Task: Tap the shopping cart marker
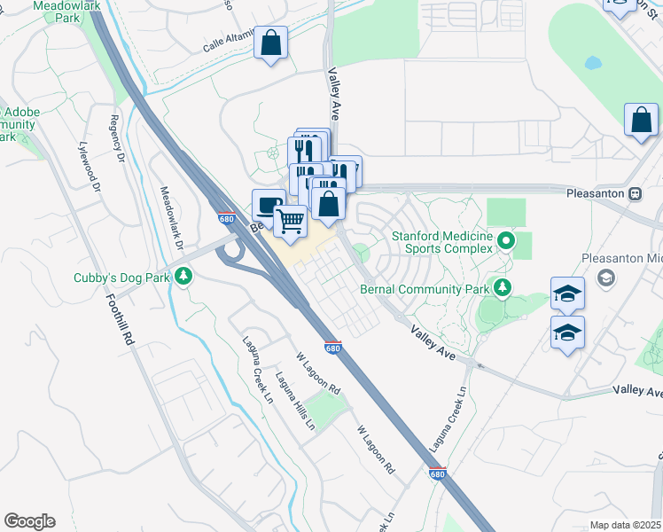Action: [x=290, y=220]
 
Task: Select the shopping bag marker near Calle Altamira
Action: [x=270, y=43]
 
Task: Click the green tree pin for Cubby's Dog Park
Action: [x=183, y=277]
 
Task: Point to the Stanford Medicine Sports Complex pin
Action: [x=505, y=240]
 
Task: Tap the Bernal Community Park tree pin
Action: [x=502, y=287]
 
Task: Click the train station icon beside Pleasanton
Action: [x=635, y=193]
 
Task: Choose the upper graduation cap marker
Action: [x=567, y=295]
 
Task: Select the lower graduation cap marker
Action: [x=567, y=333]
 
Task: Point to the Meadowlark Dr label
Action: [x=171, y=217]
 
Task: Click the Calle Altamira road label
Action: [x=227, y=43]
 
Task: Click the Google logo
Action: [x=29, y=521]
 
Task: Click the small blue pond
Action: [x=592, y=64]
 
